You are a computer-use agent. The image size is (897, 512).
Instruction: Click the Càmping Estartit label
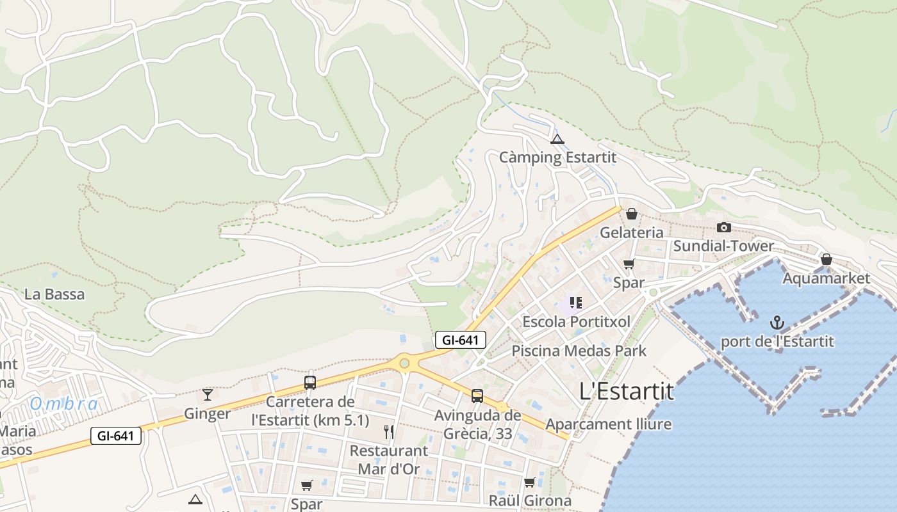(x=557, y=157)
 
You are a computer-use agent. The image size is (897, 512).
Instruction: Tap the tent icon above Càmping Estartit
(x=557, y=140)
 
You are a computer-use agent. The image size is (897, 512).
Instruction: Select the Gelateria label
(x=631, y=232)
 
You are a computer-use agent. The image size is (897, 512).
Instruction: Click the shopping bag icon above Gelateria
(x=632, y=214)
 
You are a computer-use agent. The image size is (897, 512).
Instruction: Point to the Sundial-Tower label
(x=723, y=246)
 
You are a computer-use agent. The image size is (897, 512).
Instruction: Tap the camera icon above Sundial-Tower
(x=724, y=227)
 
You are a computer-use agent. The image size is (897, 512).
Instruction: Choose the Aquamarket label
(x=827, y=278)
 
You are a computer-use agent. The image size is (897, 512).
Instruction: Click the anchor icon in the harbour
(x=777, y=323)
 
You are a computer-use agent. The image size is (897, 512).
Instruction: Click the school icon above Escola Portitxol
(x=575, y=303)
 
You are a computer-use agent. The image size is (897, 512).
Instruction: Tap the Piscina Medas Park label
(x=579, y=351)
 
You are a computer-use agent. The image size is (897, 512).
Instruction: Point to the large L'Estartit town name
(x=626, y=391)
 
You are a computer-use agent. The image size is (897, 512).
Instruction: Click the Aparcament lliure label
(x=608, y=424)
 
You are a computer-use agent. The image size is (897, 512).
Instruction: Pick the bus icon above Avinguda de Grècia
(x=477, y=396)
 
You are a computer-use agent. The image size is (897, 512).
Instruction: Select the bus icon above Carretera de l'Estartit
(x=310, y=383)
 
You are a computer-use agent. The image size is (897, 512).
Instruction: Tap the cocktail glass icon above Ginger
(x=207, y=394)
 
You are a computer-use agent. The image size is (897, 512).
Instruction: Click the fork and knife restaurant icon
(x=388, y=432)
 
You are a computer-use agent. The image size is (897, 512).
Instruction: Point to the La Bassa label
(x=54, y=294)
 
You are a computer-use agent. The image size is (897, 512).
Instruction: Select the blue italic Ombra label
(x=64, y=404)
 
